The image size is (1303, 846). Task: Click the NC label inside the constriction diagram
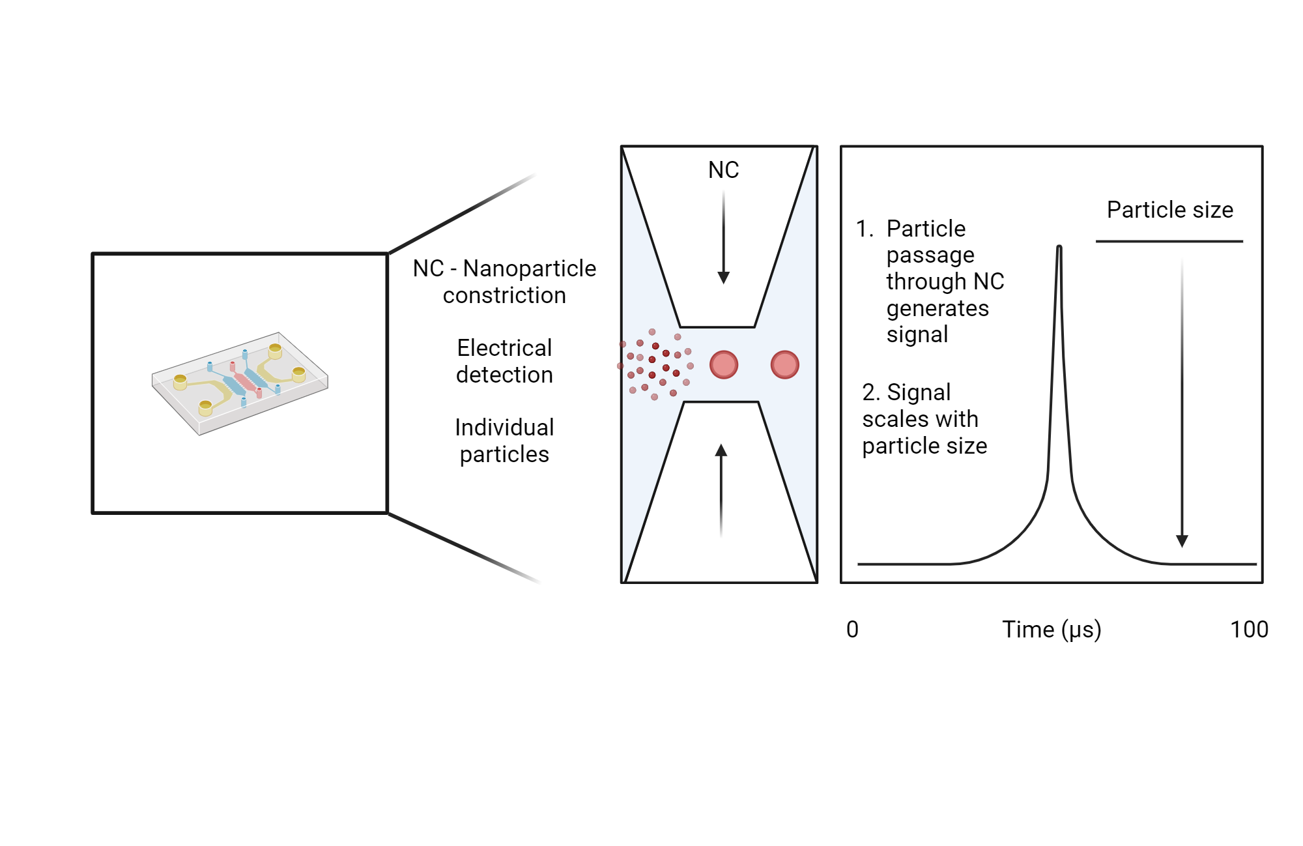tap(723, 170)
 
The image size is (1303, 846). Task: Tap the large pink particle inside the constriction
tap(723, 364)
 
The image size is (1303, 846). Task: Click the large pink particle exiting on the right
tap(784, 364)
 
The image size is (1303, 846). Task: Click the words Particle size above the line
tap(1169, 210)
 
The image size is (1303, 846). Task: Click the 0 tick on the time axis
tap(852, 629)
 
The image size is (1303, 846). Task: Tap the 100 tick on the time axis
tap(1248, 629)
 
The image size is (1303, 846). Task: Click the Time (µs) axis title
tap(1051, 629)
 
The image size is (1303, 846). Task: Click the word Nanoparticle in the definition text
tap(529, 269)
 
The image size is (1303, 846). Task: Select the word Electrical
tap(504, 348)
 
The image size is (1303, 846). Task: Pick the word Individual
tap(504, 428)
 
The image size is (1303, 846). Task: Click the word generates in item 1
tap(938, 308)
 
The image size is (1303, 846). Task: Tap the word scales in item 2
tap(887, 419)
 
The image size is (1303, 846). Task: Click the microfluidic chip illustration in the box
tap(240, 383)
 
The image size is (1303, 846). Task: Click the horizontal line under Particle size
tap(1169, 241)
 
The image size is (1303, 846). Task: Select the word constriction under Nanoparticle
tap(504, 295)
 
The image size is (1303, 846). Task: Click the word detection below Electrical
tap(504, 375)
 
